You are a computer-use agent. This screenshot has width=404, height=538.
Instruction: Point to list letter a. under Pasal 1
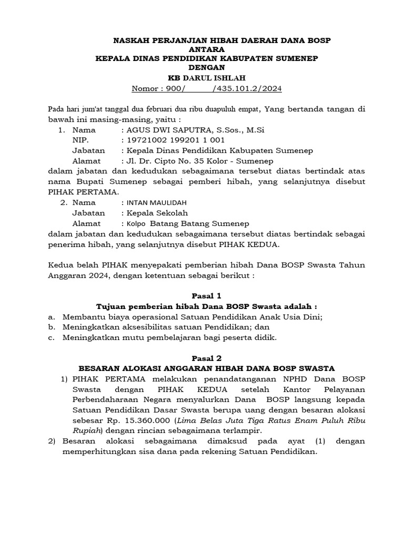pyautogui.click(x=51, y=317)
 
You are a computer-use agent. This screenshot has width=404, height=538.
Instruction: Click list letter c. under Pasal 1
pyautogui.click(x=51, y=337)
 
